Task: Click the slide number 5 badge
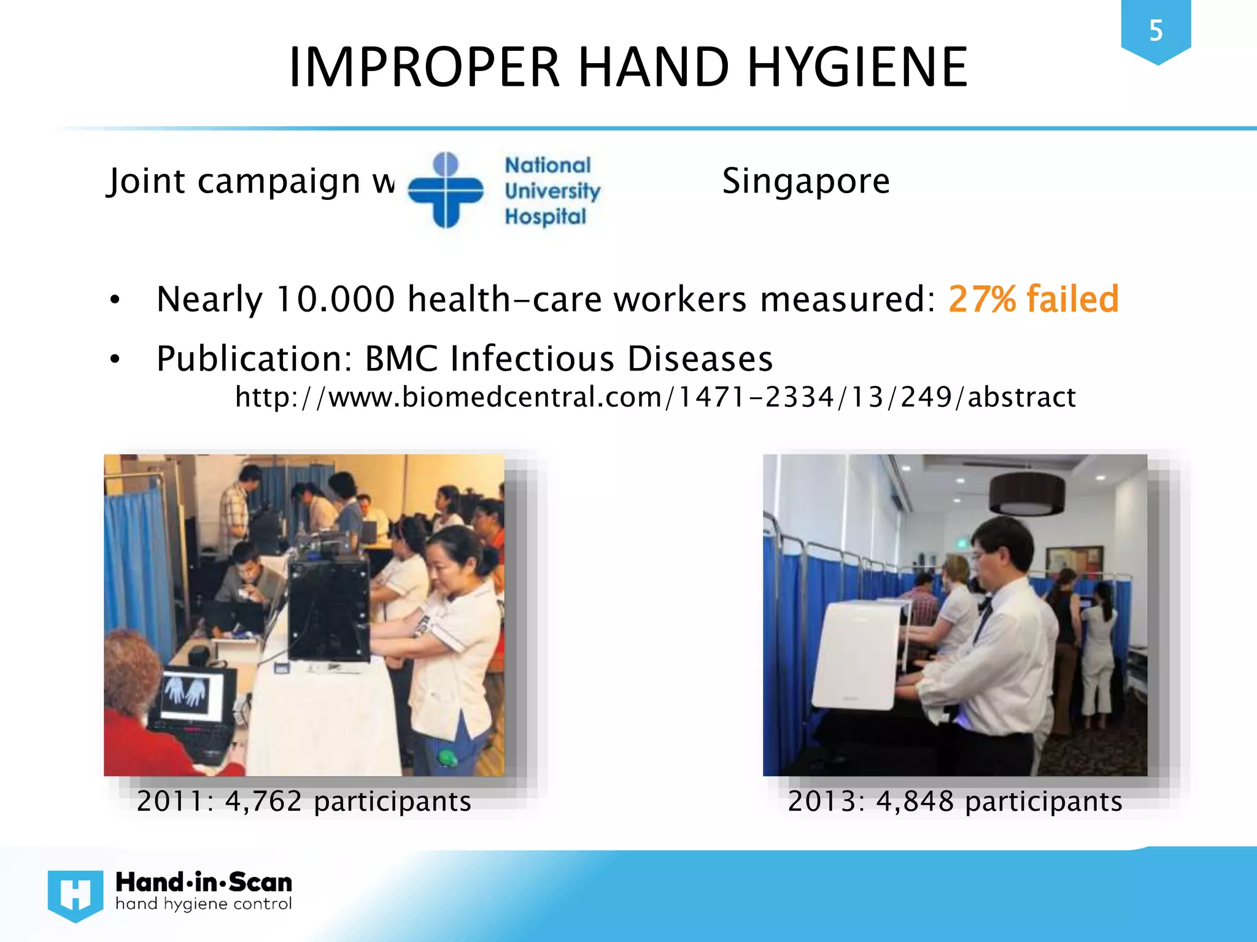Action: pos(1156,31)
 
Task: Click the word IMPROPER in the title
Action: pos(424,67)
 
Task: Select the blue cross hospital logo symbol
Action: pos(446,190)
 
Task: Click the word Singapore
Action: pos(805,181)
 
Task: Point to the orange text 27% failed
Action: pos(1034,299)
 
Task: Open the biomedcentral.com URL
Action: pos(655,397)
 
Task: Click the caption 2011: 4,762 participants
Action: pos(304,802)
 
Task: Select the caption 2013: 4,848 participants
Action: pos(955,802)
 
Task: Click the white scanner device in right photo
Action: pos(859,653)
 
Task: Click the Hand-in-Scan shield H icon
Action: pos(75,895)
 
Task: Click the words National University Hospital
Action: pos(551,191)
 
